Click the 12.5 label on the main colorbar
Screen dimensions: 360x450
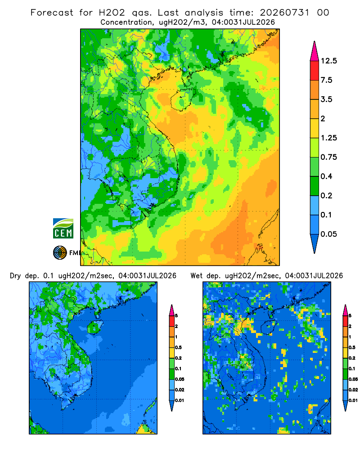[x=328, y=61]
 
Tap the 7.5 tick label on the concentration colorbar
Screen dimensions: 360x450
[x=326, y=80]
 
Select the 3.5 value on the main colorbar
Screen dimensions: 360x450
[x=326, y=99]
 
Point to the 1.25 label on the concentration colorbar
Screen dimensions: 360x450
[x=328, y=138]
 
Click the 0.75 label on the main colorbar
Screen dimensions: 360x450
[x=328, y=157]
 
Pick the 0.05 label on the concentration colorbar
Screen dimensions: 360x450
[x=328, y=234]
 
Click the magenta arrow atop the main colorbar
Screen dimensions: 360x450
[x=315, y=52]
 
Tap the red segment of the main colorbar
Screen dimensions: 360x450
[x=315, y=71]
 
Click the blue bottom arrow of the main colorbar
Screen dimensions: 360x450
[x=315, y=243]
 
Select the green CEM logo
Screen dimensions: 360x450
[x=63, y=228]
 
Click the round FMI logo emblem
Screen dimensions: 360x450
[x=60, y=253]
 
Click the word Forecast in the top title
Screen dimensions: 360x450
[x=52, y=13]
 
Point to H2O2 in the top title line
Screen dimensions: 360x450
[x=112, y=13]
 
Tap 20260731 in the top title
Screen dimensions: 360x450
[x=284, y=13]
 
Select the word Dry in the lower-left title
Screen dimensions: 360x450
[x=15, y=276]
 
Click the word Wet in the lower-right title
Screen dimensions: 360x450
[x=196, y=276]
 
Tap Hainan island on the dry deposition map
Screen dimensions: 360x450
[x=94, y=327]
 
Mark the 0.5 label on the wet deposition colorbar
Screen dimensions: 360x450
[x=351, y=347]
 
